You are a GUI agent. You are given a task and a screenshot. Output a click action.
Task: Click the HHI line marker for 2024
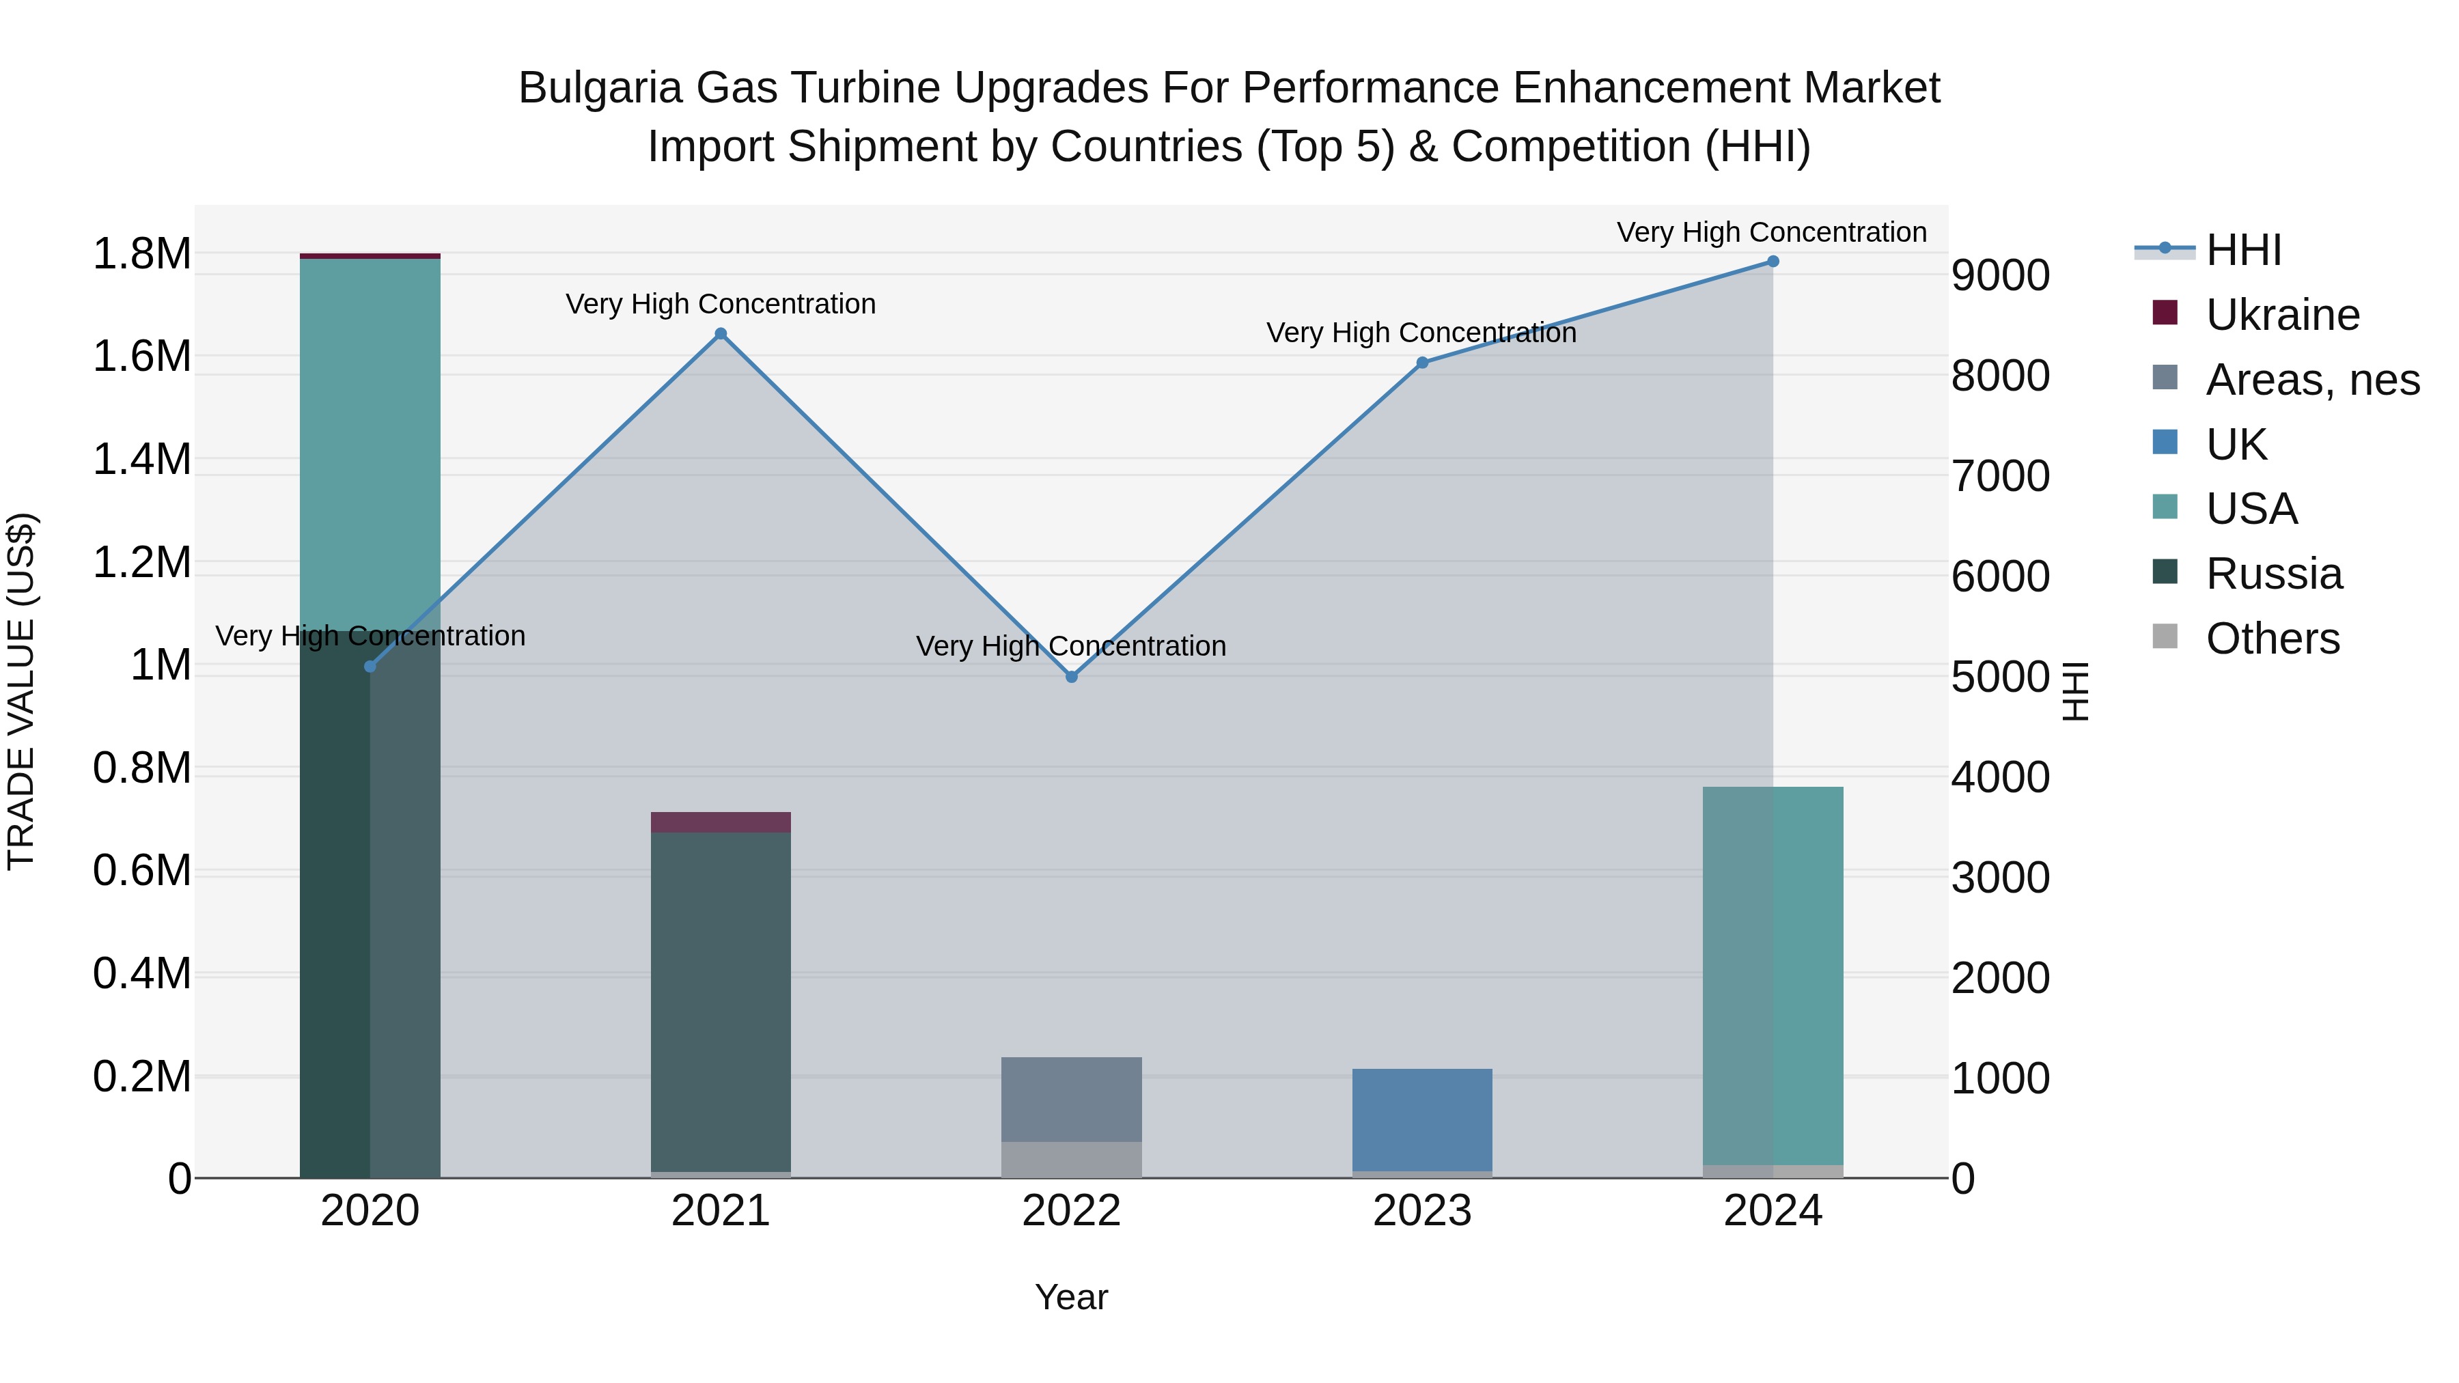(x=1773, y=262)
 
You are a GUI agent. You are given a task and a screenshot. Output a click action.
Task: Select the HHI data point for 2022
(x=1071, y=677)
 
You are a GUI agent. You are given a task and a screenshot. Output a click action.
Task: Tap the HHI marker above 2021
(x=721, y=334)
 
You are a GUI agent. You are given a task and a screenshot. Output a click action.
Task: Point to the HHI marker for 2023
(x=1422, y=363)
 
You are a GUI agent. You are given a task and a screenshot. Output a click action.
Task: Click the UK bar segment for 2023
(x=1422, y=1119)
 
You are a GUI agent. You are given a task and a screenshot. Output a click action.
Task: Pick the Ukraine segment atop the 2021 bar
(x=721, y=822)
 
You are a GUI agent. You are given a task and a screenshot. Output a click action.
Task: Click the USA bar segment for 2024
(x=1773, y=973)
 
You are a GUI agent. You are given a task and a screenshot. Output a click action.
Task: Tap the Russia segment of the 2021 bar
(x=721, y=1002)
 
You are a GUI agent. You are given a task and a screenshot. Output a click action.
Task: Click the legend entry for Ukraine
(x=2281, y=315)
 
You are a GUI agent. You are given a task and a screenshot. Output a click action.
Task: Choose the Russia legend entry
(x=2274, y=574)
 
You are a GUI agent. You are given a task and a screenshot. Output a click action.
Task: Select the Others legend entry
(x=2272, y=639)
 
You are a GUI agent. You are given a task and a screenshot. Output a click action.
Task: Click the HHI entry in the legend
(x=2243, y=250)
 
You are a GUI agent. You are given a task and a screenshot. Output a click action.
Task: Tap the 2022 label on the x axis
(x=1071, y=1211)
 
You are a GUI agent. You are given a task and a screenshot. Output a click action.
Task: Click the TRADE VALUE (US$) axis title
(x=21, y=691)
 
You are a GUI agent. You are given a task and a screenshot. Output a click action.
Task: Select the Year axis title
(x=1071, y=1297)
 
